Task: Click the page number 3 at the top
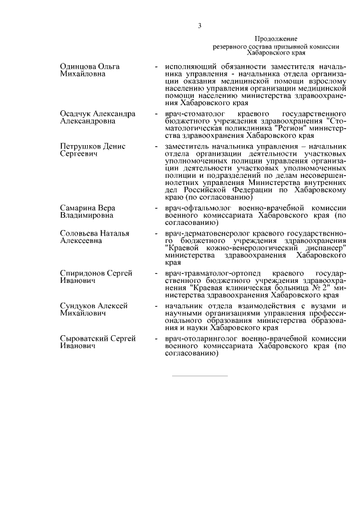pos(200,25)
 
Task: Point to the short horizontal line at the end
pos(200,375)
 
